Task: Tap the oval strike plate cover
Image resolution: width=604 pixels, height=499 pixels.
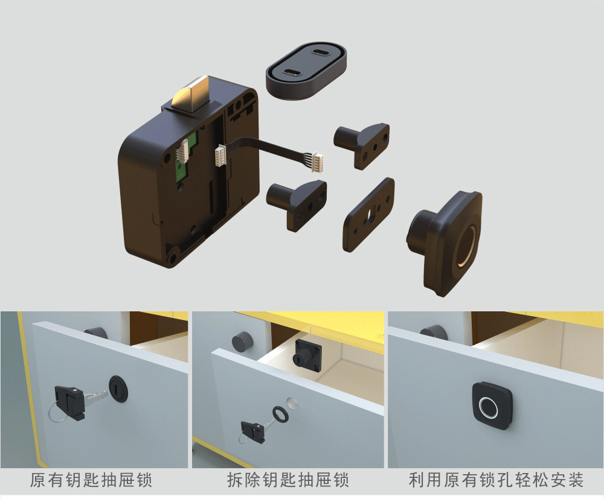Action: click(306, 71)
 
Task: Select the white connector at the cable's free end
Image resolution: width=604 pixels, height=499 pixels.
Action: click(318, 161)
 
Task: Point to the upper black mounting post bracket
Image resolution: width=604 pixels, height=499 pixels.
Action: click(362, 145)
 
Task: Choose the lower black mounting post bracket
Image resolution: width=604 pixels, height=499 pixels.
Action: click(297, 204)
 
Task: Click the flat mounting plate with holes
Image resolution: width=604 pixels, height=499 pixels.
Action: click(368, 214)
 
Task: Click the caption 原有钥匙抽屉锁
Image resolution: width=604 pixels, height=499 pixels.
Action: click(91, 480)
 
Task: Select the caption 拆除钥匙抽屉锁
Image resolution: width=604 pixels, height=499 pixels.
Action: click(288, 480)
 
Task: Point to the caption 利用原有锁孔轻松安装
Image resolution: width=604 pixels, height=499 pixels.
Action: click(496, 480)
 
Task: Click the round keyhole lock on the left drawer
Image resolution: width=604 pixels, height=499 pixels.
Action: click(118, 389)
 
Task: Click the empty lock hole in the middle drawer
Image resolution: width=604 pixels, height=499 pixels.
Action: click(292, 402)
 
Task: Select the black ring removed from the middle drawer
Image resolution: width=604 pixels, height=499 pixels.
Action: click(279, 413)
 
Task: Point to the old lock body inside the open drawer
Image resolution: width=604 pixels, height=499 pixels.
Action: click(308, 355)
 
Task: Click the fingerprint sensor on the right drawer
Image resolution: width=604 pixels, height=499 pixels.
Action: click(492, 406)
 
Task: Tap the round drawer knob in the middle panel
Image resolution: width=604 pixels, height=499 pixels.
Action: click(242, 341)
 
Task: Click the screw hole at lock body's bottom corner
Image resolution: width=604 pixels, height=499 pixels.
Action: click(172, 256)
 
